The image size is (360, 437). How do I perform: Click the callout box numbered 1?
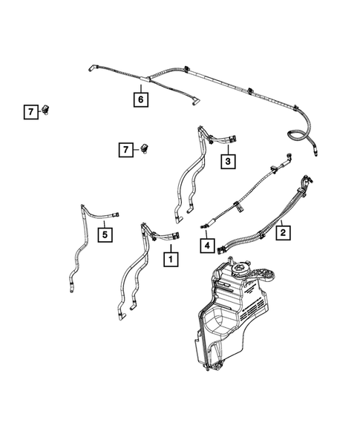[171, 260]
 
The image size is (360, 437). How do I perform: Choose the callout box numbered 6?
[140, 97]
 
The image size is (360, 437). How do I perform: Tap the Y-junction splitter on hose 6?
[148, 77]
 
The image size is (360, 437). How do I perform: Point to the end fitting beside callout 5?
[117, 214]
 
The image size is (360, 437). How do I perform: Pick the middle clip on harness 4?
[235, 201]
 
